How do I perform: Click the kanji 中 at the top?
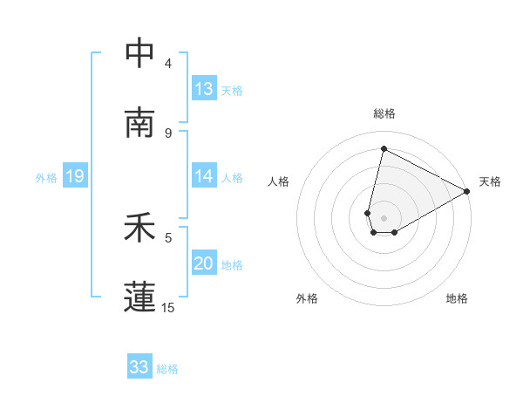(139, 53)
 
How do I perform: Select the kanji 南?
(139, 123)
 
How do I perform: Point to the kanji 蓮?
(139, 297)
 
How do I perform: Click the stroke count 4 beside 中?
(168, 64)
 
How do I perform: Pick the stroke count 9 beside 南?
(168, 133)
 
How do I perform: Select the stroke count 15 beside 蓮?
(168, 307)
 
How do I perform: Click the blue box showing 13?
(204, 89)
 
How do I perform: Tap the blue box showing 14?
(204, 176)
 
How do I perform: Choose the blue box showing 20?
(204, 263)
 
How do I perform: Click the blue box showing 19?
(75, 176)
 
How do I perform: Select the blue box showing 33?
(139, 367)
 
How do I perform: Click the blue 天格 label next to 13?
(232, 90)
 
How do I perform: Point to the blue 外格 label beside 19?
(46, 177)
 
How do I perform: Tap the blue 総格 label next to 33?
(167, 369)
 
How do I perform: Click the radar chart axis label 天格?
(490, 181)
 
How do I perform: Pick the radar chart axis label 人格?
(279, 181)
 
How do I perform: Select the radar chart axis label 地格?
(457, 298)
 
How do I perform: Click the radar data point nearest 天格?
(467, 193)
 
